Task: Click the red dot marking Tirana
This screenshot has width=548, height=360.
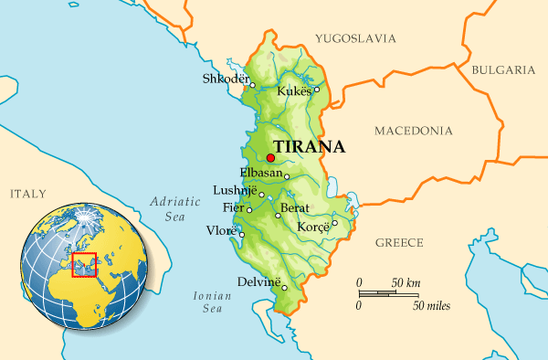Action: pos(270,158)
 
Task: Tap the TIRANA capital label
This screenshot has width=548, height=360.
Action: pos(309,146)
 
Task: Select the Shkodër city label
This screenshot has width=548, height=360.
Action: pos(225,79)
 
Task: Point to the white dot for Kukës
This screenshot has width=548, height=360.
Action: pos(317,89)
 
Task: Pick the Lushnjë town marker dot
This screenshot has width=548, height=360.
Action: pos(262,195)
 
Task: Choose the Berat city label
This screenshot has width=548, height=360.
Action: pos(296,208)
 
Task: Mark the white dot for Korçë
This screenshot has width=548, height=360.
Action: pos(334,222)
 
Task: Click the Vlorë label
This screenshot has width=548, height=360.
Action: pos(222,230)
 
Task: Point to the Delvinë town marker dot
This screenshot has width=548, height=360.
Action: pos(284,288)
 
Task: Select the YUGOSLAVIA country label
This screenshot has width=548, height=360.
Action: pos(355,38)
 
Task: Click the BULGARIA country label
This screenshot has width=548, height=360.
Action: pos(502,69)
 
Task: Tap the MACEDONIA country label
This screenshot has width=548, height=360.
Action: pos(414,131)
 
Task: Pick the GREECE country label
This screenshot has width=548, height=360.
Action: pos(399,242)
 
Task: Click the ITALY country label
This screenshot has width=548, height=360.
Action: pos(27,194)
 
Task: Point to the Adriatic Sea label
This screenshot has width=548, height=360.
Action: pos(168,209)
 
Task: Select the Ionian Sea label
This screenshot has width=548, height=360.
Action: pos(207,302)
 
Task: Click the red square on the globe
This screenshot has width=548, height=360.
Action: pos(84,264)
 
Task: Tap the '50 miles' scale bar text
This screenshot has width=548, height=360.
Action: pos(432,304)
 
